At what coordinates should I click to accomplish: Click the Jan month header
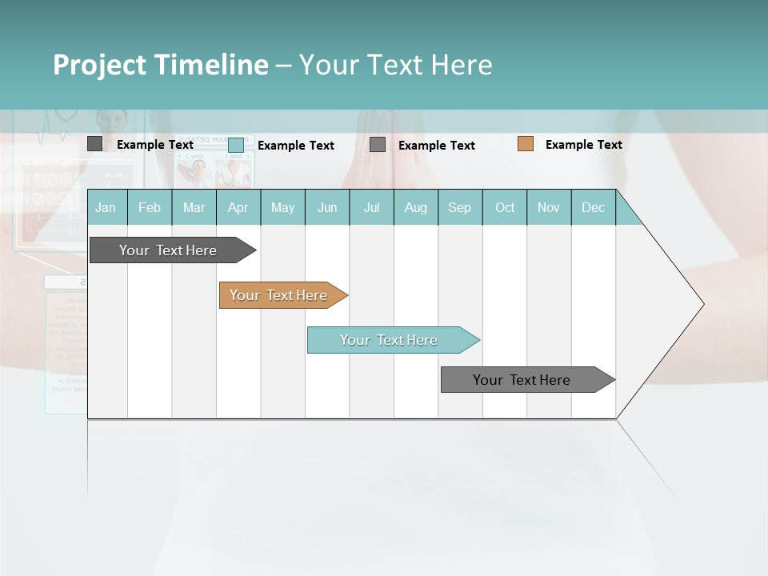tap(106, 207)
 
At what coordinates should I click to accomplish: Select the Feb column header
tap(150, 207)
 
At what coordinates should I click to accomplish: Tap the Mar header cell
tap(194, 207)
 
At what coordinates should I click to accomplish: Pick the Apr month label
tap(238, 207)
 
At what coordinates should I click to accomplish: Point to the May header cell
tap(282, 207)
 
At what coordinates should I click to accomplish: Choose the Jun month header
tap(327, 207)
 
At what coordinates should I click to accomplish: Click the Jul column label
tap(371, 207)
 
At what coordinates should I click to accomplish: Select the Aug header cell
tap(416, 207)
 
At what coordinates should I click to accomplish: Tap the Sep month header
tap(460, 207)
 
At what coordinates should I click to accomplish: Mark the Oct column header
tap(505, 207)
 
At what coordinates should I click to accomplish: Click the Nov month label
tap(549, 207)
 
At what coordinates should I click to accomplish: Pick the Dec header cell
tap(593, 207)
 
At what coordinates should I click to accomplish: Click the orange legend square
tap(525, 144)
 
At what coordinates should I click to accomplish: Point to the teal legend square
tap(235, 145)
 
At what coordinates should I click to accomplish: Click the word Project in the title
tap(99, 65)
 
